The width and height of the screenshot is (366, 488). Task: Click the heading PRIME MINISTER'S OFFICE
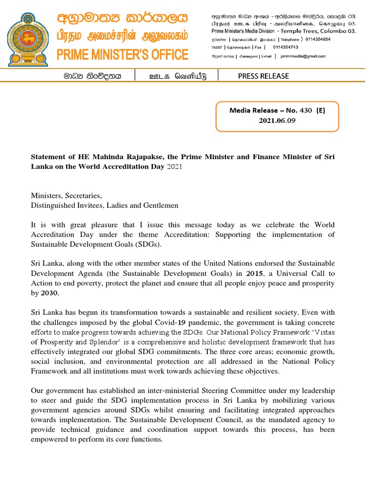(x=122, y=55)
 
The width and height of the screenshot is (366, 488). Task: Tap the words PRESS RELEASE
(x=263, y=76)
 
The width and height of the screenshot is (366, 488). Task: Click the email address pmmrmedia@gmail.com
(x=303, y=56)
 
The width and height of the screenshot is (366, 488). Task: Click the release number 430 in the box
(x=306, y=110)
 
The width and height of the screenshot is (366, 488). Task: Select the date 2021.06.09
(x=277, y=121)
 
